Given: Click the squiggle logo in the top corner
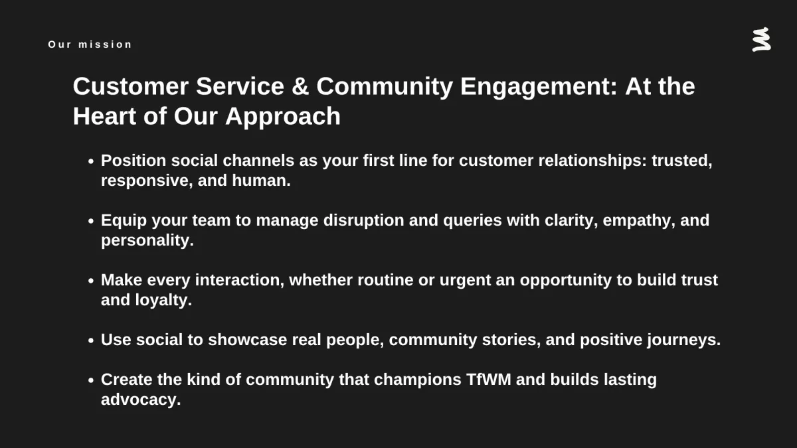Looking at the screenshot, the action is click(761, 39).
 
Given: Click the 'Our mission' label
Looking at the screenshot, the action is click(90, 44).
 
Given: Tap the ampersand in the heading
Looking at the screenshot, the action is click(300, 86).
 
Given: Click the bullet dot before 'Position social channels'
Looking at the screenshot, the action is click(91, 161).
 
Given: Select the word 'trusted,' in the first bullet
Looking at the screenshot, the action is click(681, 161).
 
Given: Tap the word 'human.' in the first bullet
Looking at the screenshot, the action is click(261, 181).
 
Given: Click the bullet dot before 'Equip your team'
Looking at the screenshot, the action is click(91, 221).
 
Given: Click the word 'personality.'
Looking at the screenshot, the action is click(147, 241).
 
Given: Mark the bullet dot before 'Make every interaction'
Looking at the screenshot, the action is click(91, 281).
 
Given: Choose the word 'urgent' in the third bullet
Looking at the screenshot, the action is click(465, 281).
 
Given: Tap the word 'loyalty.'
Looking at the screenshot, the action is click(163, 300).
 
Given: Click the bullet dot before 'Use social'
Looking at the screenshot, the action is click(91, 340).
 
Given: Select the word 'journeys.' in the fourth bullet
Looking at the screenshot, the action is click(684, 340).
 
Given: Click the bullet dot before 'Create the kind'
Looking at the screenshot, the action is click(91, 380).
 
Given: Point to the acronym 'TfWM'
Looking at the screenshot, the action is click(489, 380).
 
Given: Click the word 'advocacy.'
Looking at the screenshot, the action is click(141, 400).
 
